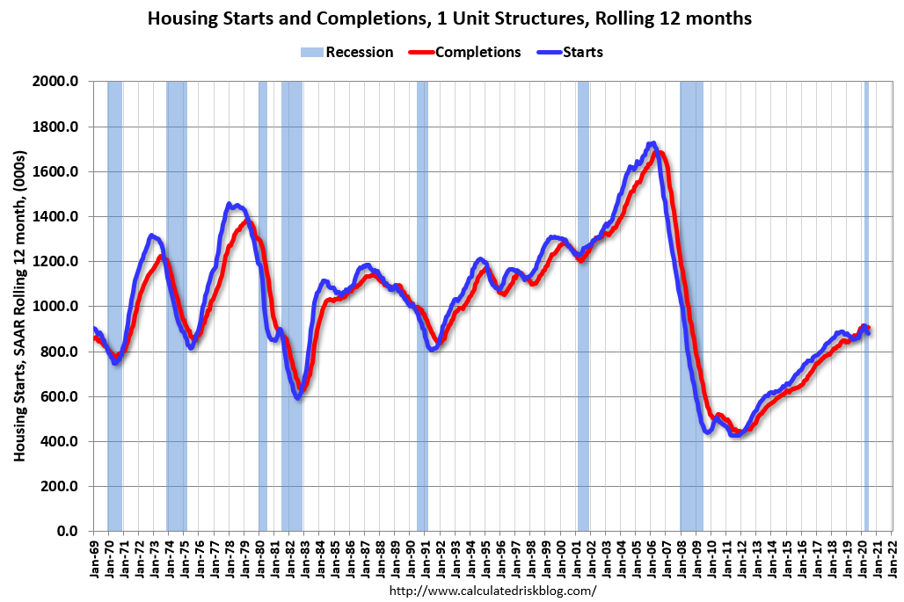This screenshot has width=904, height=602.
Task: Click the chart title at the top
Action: (x=449, y=18)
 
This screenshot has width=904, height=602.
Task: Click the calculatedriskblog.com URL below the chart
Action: (x=492, y=591)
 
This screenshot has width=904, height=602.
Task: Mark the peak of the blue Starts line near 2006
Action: (x=651, y=143)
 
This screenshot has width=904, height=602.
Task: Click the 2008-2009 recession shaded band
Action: (x=691, y=264)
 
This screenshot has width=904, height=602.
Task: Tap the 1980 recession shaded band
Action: (x=263, y=264)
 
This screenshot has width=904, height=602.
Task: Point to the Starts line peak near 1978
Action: (x=230, y=206)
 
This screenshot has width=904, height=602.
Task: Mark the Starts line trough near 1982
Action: (x=298, y=397)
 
